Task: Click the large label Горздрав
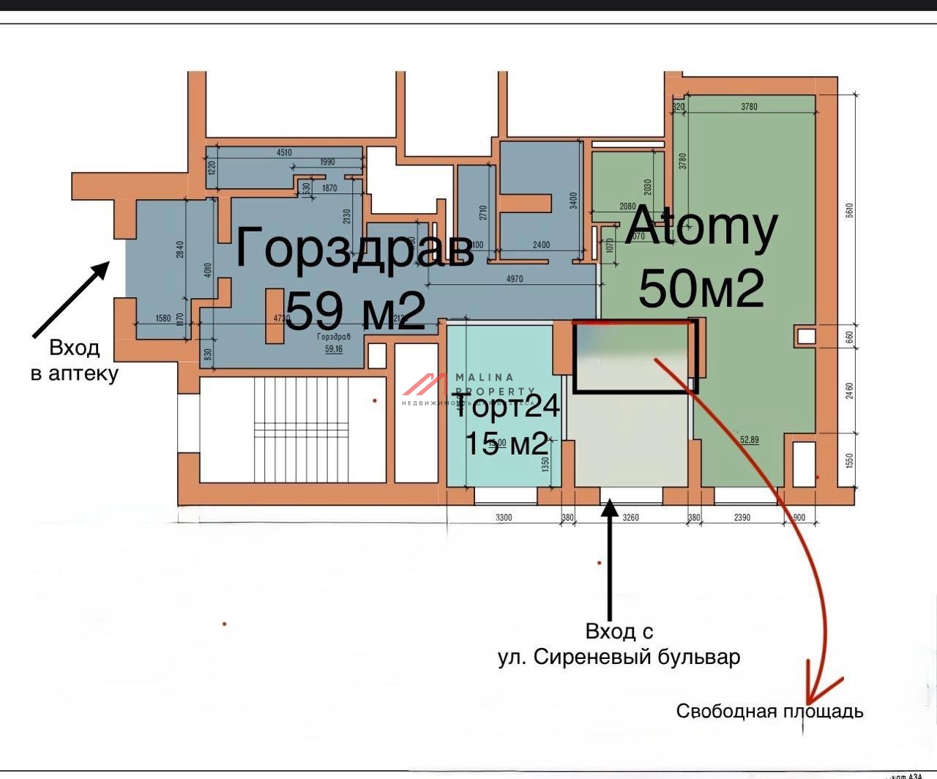point(354,248)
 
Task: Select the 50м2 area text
point(701,288)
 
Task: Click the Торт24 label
point(507,406)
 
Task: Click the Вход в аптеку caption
point(74,360)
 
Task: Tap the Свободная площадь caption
point(769,711)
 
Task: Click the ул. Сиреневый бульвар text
point(619,657)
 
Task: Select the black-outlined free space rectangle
point(634,357)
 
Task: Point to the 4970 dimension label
point(515,279)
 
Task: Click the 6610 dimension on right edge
point(849,210)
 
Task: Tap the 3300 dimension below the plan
point(504,518)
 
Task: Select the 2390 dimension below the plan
point(742,518)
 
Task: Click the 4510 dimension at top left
point(284,153)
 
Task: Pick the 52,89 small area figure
point(750,440)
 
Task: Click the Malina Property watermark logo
point(425,386)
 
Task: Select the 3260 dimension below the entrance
point(630,518)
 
